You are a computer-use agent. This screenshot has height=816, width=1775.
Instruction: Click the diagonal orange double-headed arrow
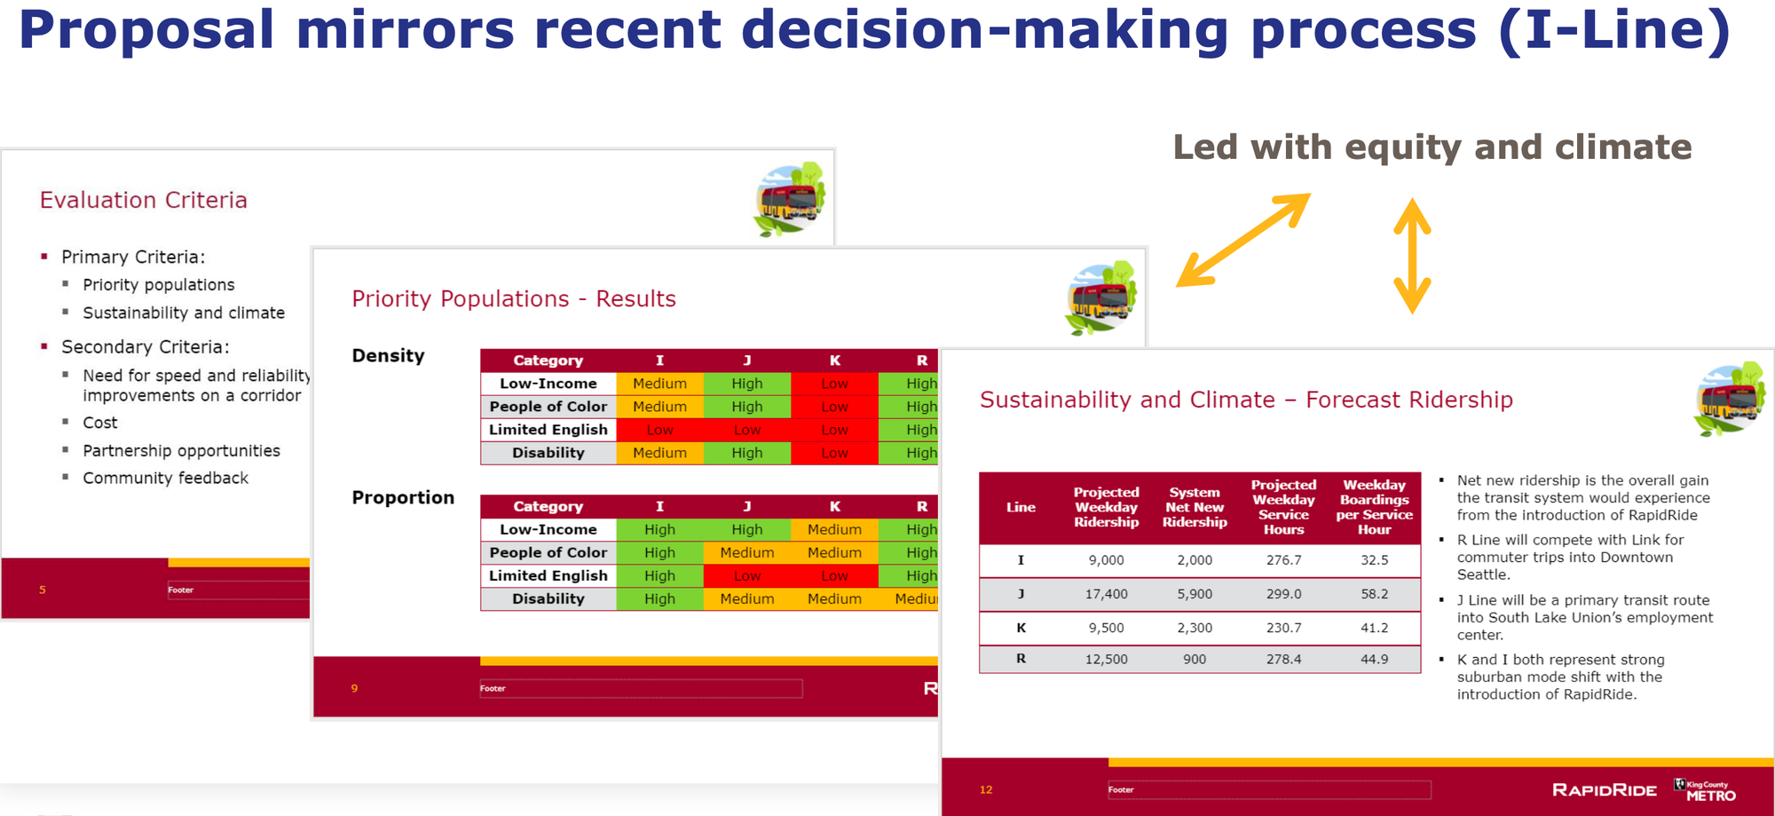(1242, 240)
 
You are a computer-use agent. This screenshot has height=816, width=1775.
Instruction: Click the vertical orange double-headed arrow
(1412, 256)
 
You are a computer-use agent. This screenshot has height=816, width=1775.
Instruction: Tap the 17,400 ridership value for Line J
(1106, 594)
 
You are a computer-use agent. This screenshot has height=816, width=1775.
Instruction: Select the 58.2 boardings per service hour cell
(1374, 594)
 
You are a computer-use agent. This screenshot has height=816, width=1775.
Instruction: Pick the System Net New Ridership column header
(1195, 507)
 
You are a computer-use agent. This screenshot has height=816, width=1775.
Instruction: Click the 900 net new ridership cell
(1195, 660)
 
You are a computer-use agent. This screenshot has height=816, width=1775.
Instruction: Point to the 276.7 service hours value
(1283, 560)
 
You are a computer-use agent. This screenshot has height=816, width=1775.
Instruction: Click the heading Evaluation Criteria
(144, 201)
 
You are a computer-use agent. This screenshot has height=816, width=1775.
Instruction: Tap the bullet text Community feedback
(165, 479)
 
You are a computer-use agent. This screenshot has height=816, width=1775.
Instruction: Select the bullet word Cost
(100, 424)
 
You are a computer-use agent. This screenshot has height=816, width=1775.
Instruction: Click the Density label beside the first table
(388, 356)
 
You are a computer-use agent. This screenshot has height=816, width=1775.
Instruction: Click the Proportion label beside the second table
(403, 498)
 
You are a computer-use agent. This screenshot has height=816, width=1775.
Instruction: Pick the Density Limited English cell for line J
(746, 430)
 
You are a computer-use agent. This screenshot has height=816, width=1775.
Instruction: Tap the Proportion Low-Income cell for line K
(834, 530)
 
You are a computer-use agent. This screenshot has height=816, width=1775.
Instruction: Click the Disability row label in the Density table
(548, 453)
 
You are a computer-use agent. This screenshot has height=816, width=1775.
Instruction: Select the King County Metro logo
(1705, 789)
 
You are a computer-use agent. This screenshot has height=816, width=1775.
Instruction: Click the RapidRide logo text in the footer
(1604, 790)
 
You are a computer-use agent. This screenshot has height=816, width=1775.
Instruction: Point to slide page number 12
(986, 790)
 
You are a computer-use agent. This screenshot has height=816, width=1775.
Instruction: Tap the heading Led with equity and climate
(1432, 147)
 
